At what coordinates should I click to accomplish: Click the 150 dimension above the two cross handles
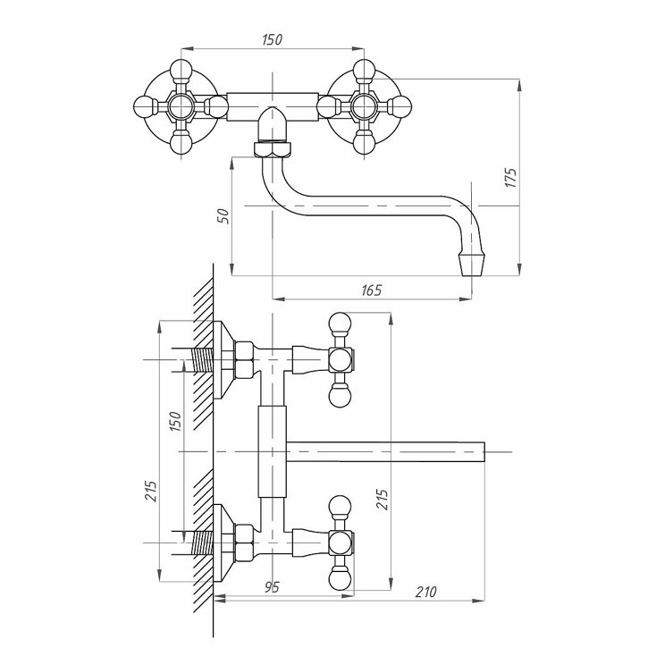pyautogui.click(x=273, y=39)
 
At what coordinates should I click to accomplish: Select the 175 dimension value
pyautogui.click(x=511, y=177)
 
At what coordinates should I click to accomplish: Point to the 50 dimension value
pyautogui.click(x=224, y=215)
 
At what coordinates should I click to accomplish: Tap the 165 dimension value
pyautogui.click(x=372, y=290)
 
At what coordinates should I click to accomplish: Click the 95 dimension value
pyautogui.click(x=272, y=587)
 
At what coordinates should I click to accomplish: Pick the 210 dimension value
pyautogui.click(x=426, y=592)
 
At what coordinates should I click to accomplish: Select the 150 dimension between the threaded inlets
pyautogui.click(x=175, y=421)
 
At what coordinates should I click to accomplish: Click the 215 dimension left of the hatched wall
pyautogui.click(x=150, y=491)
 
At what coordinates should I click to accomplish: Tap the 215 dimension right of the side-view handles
pyautogui.click(x=382, y=499)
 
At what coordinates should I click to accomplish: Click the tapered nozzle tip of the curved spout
pyautogui.click(x=472, y=263)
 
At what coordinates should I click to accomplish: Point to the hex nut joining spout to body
pyautogui.click(x=273, y=150)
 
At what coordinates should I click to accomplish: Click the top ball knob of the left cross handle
pyautogui.click(x=181, y=70)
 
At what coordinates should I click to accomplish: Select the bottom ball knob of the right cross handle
pyautogui.click(x=364, y=142)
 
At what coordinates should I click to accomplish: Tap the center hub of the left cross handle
pyautogui.click(x=181, y=105)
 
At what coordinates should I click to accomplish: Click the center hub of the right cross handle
pyautogui.click(x=364, y=105)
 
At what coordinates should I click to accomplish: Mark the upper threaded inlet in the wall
pyautogui.click(x=203, y=360)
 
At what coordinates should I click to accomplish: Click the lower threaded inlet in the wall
pyautogui.click(x=203, y=542)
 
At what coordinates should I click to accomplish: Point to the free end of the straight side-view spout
pyautogui.click(x=484, y=452)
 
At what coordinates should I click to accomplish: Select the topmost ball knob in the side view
pyautogui.click(x=340, y=324)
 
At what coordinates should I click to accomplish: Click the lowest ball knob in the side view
pyautogui.click(x=340, y=579)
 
